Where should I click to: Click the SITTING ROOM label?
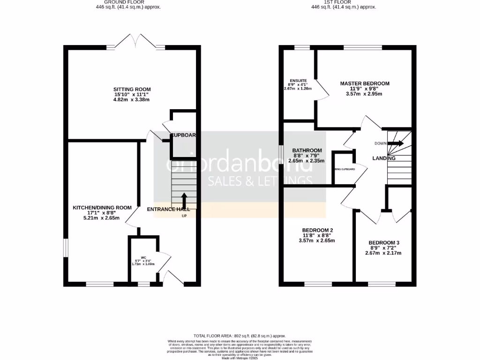coord(132,89)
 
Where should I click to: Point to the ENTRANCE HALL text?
coord(168,209)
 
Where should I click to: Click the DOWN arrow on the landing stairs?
coord(396,143)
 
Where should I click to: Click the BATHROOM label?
coord(307,150)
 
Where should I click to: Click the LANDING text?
coord(384,158)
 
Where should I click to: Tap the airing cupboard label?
coord(344,169)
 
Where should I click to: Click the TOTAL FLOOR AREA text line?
coord(240,336)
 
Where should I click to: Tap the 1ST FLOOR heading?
coord(344,2)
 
